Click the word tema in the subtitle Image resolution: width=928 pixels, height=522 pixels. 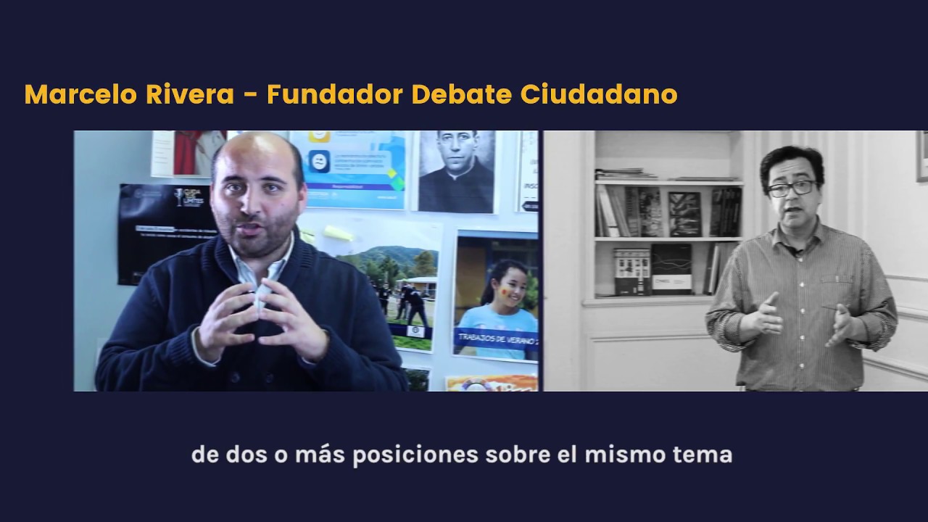pos(707,455)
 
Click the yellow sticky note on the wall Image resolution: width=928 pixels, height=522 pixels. pos(339,233)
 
